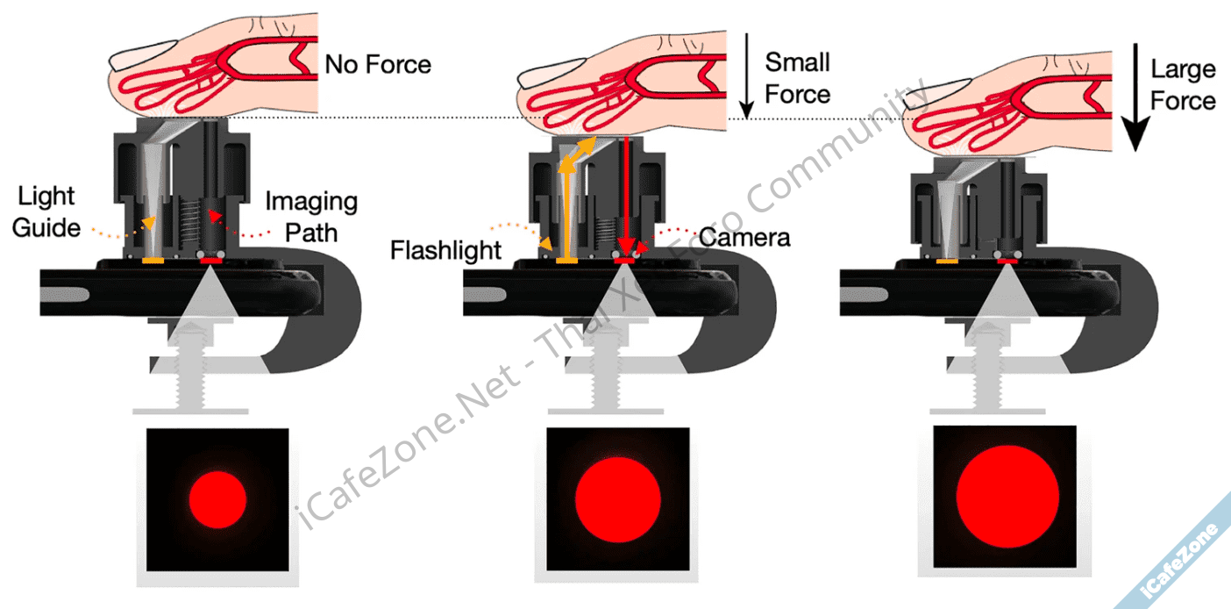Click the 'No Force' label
(378, 65)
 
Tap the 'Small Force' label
(797, 78)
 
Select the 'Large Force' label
(1183, 85)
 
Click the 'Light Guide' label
(47, 212)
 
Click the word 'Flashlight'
(445, 250)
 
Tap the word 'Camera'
(745, 237)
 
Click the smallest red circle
(217, 498)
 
